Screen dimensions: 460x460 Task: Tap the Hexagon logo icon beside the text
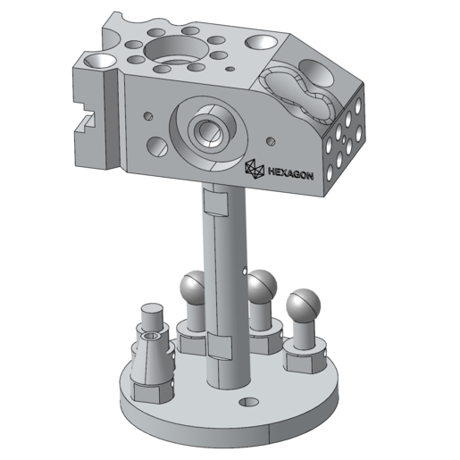click(255, 168)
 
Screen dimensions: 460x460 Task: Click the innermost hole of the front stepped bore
click(211, 132)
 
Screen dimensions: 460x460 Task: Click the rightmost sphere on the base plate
click(303, 305)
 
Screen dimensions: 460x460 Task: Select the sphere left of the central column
click(195, 289)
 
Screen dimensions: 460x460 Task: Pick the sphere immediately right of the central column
click(262, 286)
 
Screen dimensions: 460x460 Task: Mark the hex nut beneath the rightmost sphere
click(303, 356)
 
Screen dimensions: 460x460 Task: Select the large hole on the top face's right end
click(260, 42)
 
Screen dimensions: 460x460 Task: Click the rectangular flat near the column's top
click(215, 205)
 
